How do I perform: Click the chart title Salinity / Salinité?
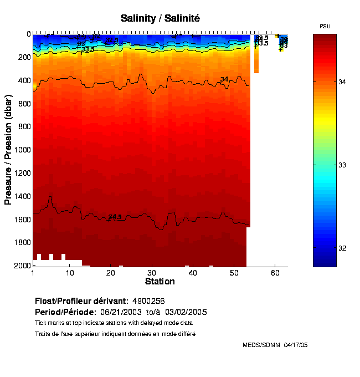tap(160, 18)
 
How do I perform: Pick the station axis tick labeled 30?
tap(152, 273)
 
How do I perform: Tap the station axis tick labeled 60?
tap(275, 273)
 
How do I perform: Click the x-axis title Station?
tap(160, 282)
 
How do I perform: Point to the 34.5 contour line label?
tap(115, 217)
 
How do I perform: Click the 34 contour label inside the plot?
tap(224, 80)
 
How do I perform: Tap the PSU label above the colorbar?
tap(325, 27)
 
